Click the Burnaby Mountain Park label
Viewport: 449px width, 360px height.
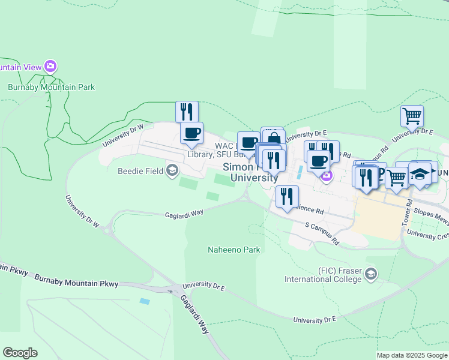pyautogui.click(x=51, y=87)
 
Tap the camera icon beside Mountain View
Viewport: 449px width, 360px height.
pyautogui.click(x=51, y=66)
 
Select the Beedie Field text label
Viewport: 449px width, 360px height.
pyautogui.click(x=143, y=171)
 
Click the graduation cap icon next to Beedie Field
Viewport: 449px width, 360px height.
pyautogui.click(x=173, y=171)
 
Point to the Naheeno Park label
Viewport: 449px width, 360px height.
pyautogui.click(x=234, y=250)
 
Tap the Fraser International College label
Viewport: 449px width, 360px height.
pyautogui.click(x=323, y=275)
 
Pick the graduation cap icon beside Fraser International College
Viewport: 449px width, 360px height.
pyautogui.click(x=371, y=275)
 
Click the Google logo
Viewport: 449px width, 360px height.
pyautogui.click(x=20, y=353)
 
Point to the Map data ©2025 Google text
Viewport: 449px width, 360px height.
pyautogui.click(x=412, y=355)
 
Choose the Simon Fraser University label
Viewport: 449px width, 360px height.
pyautogui.click(x=250, y=172)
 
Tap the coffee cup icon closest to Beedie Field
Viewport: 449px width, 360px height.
pyautogui.click(x=191, y=133)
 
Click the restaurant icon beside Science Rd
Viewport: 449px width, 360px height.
pyautogui.click(x=288, y=196)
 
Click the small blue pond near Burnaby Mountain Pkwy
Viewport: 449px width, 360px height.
pyautogui.click(x=145, y=301)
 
